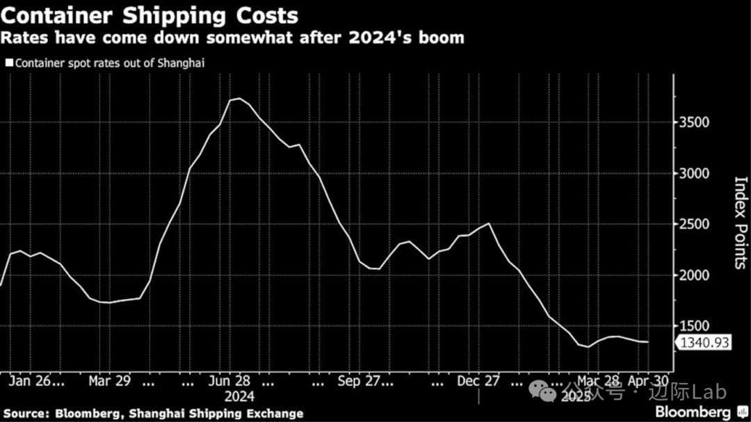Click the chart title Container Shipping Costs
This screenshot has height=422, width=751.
click(x=150, y=15)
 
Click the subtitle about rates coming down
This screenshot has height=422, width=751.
click(x=234, y=38)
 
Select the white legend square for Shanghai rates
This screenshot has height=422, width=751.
click(x=9, y=63)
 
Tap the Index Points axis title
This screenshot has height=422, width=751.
click(x=740, y=222)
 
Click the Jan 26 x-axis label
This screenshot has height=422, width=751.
click(x=38, y=382)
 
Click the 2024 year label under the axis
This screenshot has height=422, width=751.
click(x=240, y=396)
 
